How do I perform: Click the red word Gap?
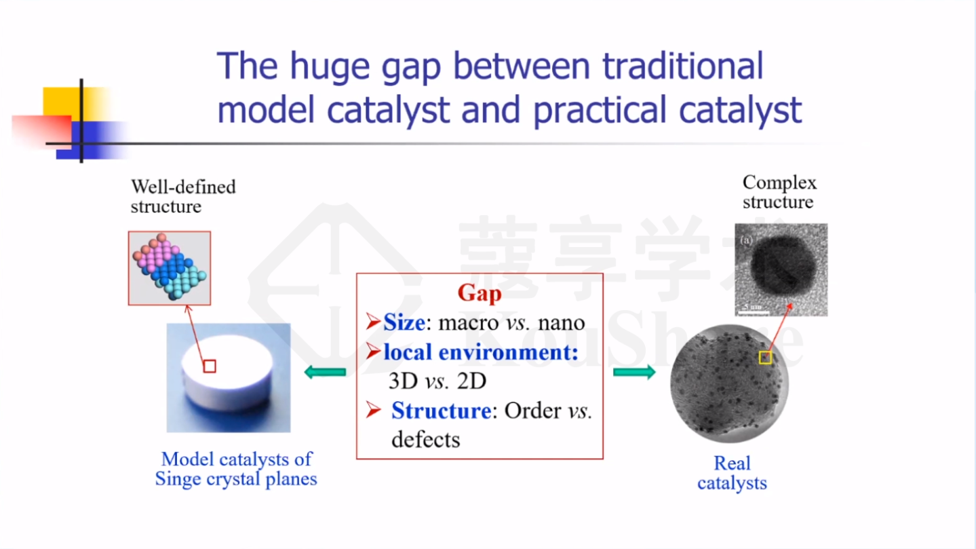(x=480, y=293)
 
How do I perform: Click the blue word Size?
(x=404, y=323)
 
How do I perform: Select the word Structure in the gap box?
(x=442, y=411)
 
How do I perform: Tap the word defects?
(x=426, y=439)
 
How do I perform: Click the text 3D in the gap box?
(x=403, y=381)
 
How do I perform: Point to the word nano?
(x=561, y=323)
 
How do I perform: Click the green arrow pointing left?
(x=325, y=372)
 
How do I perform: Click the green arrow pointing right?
(x=634, y=372)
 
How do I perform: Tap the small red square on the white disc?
(x=210, y=366)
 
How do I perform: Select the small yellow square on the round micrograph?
(x=766, y=358)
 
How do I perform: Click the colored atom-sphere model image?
(x=170, y=268)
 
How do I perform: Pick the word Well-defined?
(x=183, y=187)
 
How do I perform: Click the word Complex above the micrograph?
(x=779, y=183)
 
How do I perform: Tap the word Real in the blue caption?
(x=732, y=463)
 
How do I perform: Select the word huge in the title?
(x=330, y=67)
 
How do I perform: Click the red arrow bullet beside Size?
(x=374, y=322)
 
